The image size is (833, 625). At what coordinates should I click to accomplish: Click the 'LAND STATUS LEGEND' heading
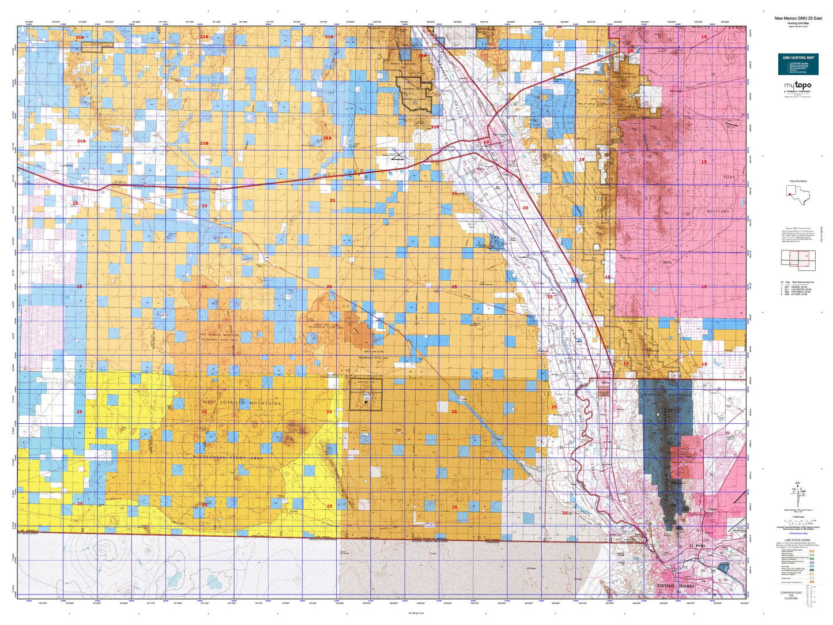pyautogui.click(x=798, y=540)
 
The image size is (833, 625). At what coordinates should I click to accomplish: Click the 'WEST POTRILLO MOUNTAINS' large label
pyautogui.click(x=242, y=403)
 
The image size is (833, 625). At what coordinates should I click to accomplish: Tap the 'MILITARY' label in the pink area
pyautogui.click(x=718, y=212)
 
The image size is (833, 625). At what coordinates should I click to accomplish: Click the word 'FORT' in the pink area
pyautogui.click(x=729, y=177)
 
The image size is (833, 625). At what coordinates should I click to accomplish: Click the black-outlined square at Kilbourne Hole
pyautogui.click(x=365, y=398)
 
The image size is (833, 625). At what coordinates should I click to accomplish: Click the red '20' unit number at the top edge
pyautogui.click(x=558, y=27)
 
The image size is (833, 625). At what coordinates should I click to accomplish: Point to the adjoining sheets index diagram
pyautogui.click(x=798, y=260)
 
